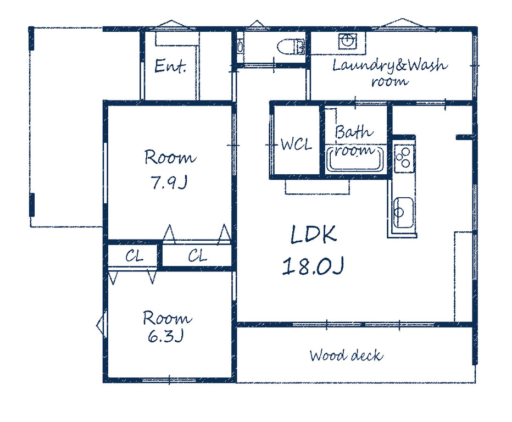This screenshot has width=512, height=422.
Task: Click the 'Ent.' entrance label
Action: point(170,66)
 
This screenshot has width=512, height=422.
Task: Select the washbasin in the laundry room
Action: point(347,41)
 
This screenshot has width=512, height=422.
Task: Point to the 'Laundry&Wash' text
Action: point(390,65)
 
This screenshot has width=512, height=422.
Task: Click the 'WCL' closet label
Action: point(296,144)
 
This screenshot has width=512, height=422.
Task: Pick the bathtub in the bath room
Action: point(355,159)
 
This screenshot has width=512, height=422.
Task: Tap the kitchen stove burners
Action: point(404,158)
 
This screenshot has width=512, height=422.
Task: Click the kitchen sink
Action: point(404,213)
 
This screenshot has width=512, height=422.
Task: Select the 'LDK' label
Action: point(313,234)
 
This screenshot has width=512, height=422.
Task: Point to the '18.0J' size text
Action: point(313,266)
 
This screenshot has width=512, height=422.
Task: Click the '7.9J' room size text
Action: point(169,182)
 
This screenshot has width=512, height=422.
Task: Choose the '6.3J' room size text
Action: point(166,336)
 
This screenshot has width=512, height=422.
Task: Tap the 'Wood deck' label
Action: point(346,356)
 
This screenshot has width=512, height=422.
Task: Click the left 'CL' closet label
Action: point(134,256)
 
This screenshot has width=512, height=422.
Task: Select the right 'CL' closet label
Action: point(198,256)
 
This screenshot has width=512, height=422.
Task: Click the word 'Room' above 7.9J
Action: point(170,157)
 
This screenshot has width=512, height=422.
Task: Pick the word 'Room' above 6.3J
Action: point(168,318)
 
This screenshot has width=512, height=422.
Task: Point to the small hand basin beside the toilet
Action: point(240,47)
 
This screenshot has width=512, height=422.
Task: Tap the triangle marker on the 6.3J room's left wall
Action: point(101,325)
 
